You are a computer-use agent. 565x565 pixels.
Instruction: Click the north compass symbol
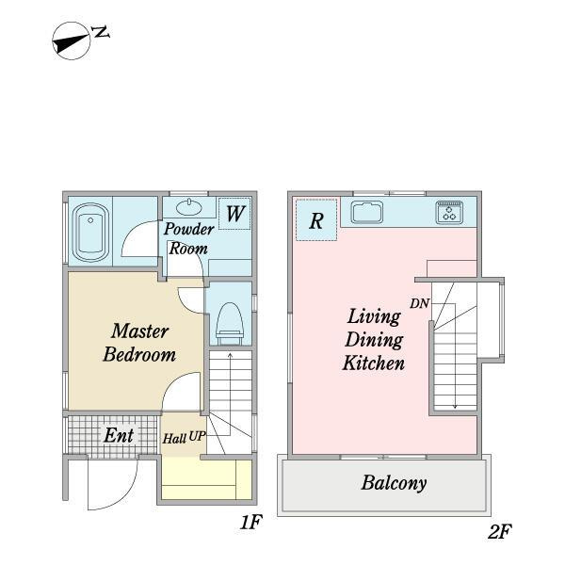71,40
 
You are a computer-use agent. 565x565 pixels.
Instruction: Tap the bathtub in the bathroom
90,232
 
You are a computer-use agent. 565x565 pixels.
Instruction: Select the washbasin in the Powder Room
189,207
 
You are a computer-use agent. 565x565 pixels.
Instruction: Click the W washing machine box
234,214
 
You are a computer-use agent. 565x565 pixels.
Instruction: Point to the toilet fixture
231,323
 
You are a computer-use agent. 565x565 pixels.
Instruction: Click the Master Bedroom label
139,343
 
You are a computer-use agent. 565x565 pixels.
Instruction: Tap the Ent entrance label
119,435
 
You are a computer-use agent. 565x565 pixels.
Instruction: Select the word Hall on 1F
174,439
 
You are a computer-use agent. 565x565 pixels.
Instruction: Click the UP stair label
197,436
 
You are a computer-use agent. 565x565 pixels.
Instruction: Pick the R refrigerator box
316,219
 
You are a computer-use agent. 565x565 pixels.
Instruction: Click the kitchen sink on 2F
367,212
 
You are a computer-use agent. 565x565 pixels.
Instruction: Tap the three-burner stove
449,212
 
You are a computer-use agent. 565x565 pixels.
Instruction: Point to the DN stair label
419,304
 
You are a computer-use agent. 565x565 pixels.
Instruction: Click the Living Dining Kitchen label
374,340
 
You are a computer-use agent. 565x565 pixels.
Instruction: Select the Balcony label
394,483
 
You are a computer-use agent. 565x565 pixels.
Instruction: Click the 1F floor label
250,522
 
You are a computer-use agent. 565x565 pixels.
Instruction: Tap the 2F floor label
499,531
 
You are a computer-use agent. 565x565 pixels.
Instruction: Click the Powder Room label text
189,238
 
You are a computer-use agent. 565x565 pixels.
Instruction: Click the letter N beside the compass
101,32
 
